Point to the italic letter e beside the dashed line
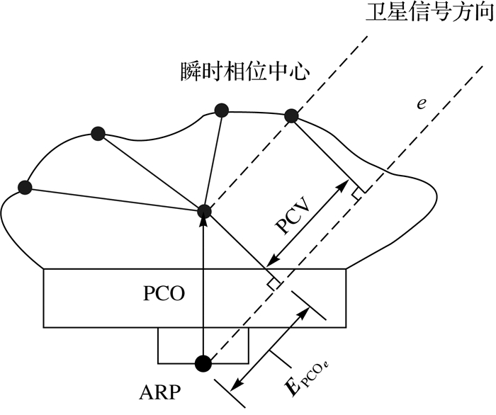421,103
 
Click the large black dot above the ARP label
204,363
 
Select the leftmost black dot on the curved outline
26,187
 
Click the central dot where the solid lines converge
204,210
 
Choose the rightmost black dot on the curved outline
291,116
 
